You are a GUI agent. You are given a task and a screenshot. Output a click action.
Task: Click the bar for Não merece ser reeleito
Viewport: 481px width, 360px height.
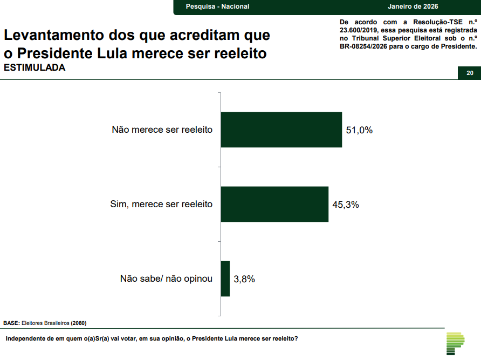tap(281, 130)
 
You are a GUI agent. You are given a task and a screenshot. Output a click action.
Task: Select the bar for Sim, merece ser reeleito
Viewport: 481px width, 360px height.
tap(274, 204)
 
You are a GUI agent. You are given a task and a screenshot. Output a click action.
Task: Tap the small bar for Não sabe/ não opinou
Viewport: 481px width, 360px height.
tap(225, 279)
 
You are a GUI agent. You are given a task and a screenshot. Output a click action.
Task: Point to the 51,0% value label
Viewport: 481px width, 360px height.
tap(360, 130)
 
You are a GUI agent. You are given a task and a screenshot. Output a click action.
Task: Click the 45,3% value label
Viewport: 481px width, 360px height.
tap(346, 205)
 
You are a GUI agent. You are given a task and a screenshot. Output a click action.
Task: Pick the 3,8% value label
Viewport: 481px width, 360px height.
tap(244, 279)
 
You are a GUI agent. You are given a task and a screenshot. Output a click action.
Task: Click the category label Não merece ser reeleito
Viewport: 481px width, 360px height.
tap(162, 130)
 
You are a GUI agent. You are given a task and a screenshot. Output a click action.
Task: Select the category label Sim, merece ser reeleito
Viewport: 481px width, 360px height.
tap(161, 205)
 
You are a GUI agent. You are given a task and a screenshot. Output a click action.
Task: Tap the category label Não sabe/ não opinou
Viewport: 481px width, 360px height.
tap(166, 279)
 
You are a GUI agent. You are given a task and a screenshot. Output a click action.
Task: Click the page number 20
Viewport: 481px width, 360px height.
tap(470, 73)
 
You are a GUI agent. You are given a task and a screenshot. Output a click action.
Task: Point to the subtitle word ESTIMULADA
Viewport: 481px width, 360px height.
tap(35, 68)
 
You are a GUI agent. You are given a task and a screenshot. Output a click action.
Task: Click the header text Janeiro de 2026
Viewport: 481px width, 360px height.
tap(413, 6)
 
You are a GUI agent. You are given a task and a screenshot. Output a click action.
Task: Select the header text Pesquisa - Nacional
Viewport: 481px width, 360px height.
tap(217, 6)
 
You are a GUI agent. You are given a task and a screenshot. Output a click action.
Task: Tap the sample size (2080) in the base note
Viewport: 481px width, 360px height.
tap(79, 323)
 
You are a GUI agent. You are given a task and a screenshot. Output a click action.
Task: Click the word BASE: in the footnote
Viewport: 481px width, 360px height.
tap(11, 323)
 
